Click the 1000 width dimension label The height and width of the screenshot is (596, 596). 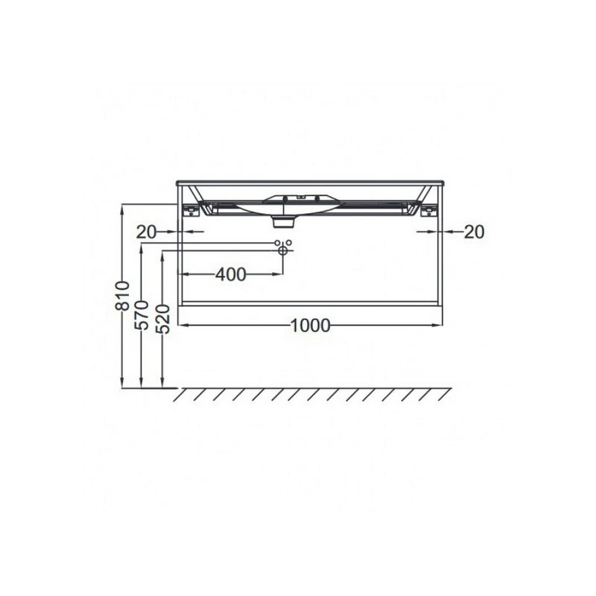pyautogui.click(x=310, y=326)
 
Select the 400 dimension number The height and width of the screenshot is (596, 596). pyautogui.click(x=231, y=274)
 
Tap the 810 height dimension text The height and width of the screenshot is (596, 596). pyautogui.click(x=123, y=296)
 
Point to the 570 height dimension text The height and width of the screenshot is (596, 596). pyautogui.click(x=142, y=315)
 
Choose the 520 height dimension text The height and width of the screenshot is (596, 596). pyautogui.click(x=163, y=319)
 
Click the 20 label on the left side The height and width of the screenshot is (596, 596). pyautogui.click(x=146, y=232)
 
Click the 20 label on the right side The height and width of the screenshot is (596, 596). pyautogui.click(x=474, y=232)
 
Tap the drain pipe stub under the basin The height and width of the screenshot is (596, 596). pyautogui.click(x=284, y=222)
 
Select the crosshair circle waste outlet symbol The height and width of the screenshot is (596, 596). pyautogui.click(x=283, y=250)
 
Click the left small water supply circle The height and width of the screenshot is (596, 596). pyautogui.click(x=277, y=243)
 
